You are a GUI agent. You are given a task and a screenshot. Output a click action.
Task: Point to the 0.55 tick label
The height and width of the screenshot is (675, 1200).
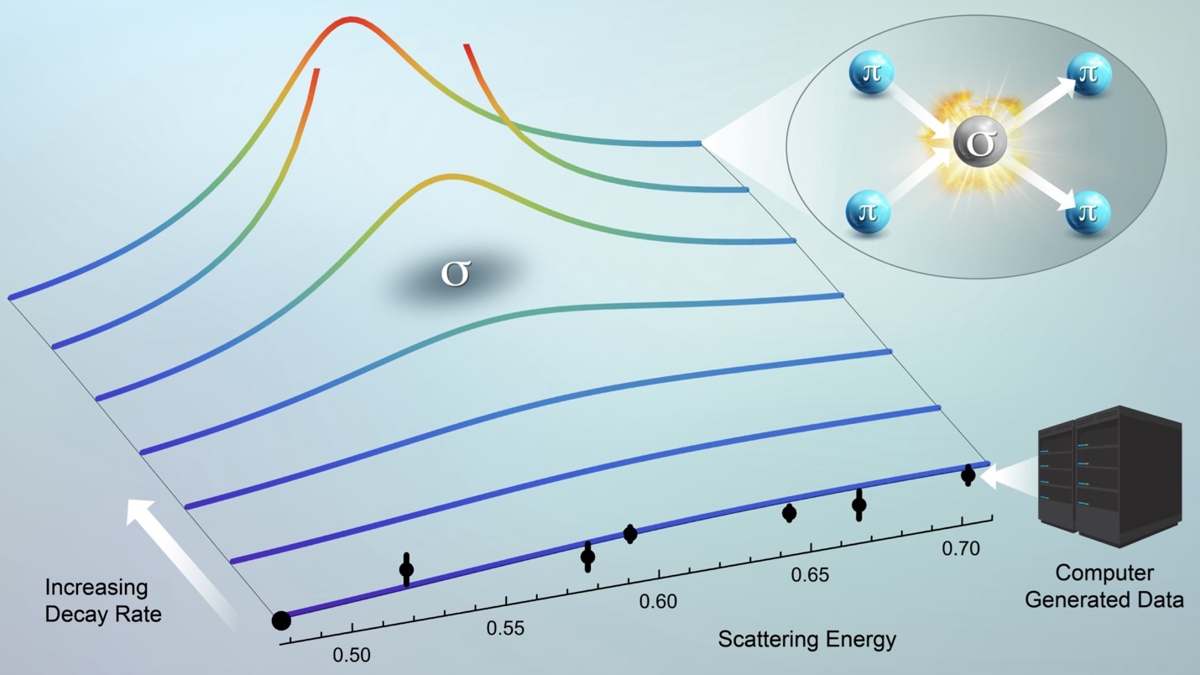click(505, 628)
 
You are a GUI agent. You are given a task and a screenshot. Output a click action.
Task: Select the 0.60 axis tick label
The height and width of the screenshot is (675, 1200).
click(658, 601)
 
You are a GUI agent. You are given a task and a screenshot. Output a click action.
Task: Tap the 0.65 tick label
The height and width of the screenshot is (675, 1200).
click(811, 575)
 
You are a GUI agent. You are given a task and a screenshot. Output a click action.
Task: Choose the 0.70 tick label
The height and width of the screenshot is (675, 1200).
click(961, 549)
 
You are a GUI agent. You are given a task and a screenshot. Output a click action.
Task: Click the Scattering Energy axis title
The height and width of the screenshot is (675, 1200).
click(807, 639)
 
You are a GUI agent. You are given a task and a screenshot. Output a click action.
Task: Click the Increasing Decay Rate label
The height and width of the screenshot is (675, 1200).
click(103, 600)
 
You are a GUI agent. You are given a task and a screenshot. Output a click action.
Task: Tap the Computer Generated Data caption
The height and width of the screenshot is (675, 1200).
click(1104, 586)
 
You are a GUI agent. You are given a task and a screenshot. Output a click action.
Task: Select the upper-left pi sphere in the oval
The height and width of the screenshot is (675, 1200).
click(871, 72)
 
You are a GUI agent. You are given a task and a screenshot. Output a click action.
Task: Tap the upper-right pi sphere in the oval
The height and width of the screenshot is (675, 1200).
click(1088, 73)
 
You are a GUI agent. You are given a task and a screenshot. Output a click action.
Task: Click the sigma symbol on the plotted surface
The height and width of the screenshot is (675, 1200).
click(455, 275)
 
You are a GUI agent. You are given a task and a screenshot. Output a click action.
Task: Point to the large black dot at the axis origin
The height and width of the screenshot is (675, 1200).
click(281, 620)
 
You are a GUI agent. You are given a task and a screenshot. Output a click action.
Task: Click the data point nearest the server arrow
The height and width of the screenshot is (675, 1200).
click(968, 475)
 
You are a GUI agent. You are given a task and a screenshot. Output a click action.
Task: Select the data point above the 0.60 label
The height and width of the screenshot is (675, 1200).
click(630, 533)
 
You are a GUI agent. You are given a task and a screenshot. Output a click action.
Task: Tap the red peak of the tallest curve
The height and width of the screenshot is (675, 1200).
click(351, 18)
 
